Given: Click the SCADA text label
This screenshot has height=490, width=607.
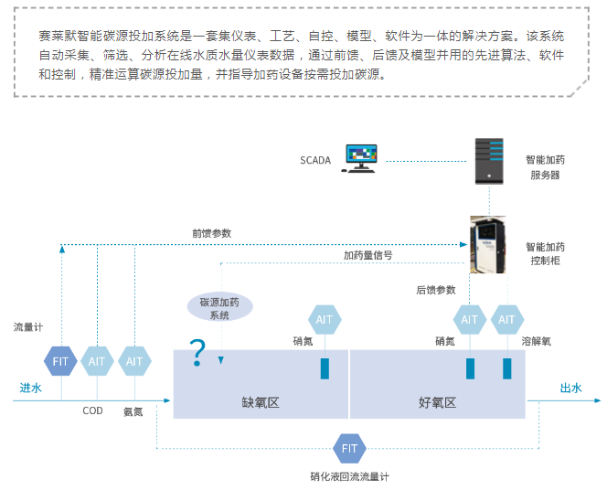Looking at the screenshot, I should pyautogui.click(x=314, y=160).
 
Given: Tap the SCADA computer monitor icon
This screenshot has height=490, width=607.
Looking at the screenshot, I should pyautogui.click(x=362, y=158).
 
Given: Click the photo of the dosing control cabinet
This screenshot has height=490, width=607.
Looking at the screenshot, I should pyautogui.click(x=488, y=244).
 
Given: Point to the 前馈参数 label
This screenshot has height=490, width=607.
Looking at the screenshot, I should pyautogui.click(x=212, y=233).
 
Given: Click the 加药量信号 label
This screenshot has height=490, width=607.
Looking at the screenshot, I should pyautogui.click(x=367, y=256).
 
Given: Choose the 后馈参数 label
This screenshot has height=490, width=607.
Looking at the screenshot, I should pyautogui.click(x=435, y=290).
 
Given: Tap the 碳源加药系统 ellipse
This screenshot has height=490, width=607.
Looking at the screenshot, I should pyautogui.click(x=219, y=308).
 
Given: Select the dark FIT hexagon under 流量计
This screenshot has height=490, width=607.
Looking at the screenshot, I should pyautogui.click(x=61, y=361).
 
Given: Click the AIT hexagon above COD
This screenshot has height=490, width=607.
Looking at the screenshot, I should pyautogui.click(x=98, y=361).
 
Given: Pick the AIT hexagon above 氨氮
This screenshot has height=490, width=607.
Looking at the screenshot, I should pyautogui.click(x=134, y=361).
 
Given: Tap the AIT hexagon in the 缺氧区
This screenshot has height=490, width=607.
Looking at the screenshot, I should pyautogui.click(x=325, y=320).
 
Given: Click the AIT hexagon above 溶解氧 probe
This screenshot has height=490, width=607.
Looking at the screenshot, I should pyautogui.click(x=506, y=320).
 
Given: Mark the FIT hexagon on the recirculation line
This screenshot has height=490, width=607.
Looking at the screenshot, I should pyautogui.click(x=349, y=448).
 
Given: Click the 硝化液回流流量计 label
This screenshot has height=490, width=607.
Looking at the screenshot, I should pyautogui.click(x=350, y=477).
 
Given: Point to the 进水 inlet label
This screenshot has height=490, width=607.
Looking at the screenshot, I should pyautogui.click(x=31, y=388).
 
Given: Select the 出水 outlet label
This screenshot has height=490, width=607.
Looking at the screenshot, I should pyautogui.click(x=571, y=388).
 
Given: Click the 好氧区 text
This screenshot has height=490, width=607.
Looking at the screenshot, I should pyautogui.click(x=437, y=402).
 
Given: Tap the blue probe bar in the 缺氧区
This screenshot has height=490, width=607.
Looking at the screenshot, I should pyautogui.click(x=325, y=367).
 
